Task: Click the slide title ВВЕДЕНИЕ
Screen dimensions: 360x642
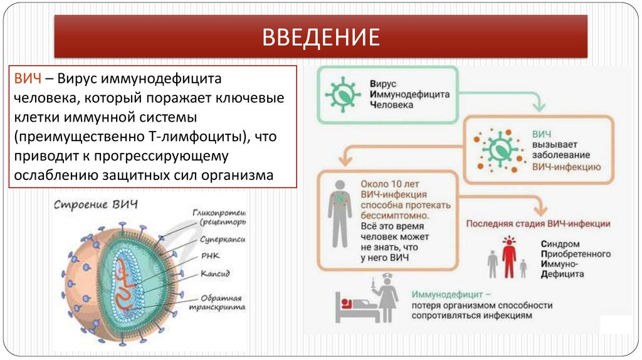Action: coord(320,37)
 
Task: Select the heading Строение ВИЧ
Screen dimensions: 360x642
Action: coord(95,205)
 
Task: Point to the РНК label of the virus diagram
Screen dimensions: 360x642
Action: coord(209,256)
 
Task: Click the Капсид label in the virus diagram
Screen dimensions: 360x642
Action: coord(216,274)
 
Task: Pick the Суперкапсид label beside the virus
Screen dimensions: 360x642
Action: coord(223,239)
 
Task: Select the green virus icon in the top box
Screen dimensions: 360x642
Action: coord(343,93)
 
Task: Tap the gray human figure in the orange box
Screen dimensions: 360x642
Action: coord(339,213)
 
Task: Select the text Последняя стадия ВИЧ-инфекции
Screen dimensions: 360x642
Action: coord(538,223)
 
